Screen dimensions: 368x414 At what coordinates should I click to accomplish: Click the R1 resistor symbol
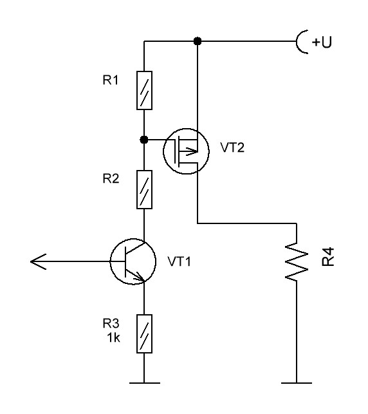click(144, 90)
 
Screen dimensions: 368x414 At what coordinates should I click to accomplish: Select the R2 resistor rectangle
click(144, 189)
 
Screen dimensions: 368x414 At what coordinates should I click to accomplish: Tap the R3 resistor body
click(144, 334)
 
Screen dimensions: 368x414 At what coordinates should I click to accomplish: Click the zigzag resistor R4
click(297, 262)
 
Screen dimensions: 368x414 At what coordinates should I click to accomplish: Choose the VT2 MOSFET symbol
click(186, 151)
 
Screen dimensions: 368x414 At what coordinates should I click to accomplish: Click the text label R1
click(111, 80)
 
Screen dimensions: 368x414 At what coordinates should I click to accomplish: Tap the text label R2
click(111, 178)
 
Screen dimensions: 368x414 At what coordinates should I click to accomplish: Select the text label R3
click(111, 323)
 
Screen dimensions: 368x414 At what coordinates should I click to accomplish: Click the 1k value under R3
click(113, 337)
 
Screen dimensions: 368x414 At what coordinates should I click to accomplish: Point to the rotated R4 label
click(328, 257)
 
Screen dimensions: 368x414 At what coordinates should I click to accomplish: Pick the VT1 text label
click(179, 261)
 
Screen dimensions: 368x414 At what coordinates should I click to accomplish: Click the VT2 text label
click(232, 147)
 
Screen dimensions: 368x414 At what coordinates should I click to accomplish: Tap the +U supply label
click(322, 42)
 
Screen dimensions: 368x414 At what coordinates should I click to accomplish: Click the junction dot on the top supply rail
click(198, 41)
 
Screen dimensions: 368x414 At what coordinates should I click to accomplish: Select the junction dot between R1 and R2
click(144, 140)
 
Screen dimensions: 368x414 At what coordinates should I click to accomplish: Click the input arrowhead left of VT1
click(38, 261)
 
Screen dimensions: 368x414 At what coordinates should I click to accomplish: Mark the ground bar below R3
click(144, 383)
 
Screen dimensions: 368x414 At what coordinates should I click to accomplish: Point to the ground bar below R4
click(297, 383)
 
